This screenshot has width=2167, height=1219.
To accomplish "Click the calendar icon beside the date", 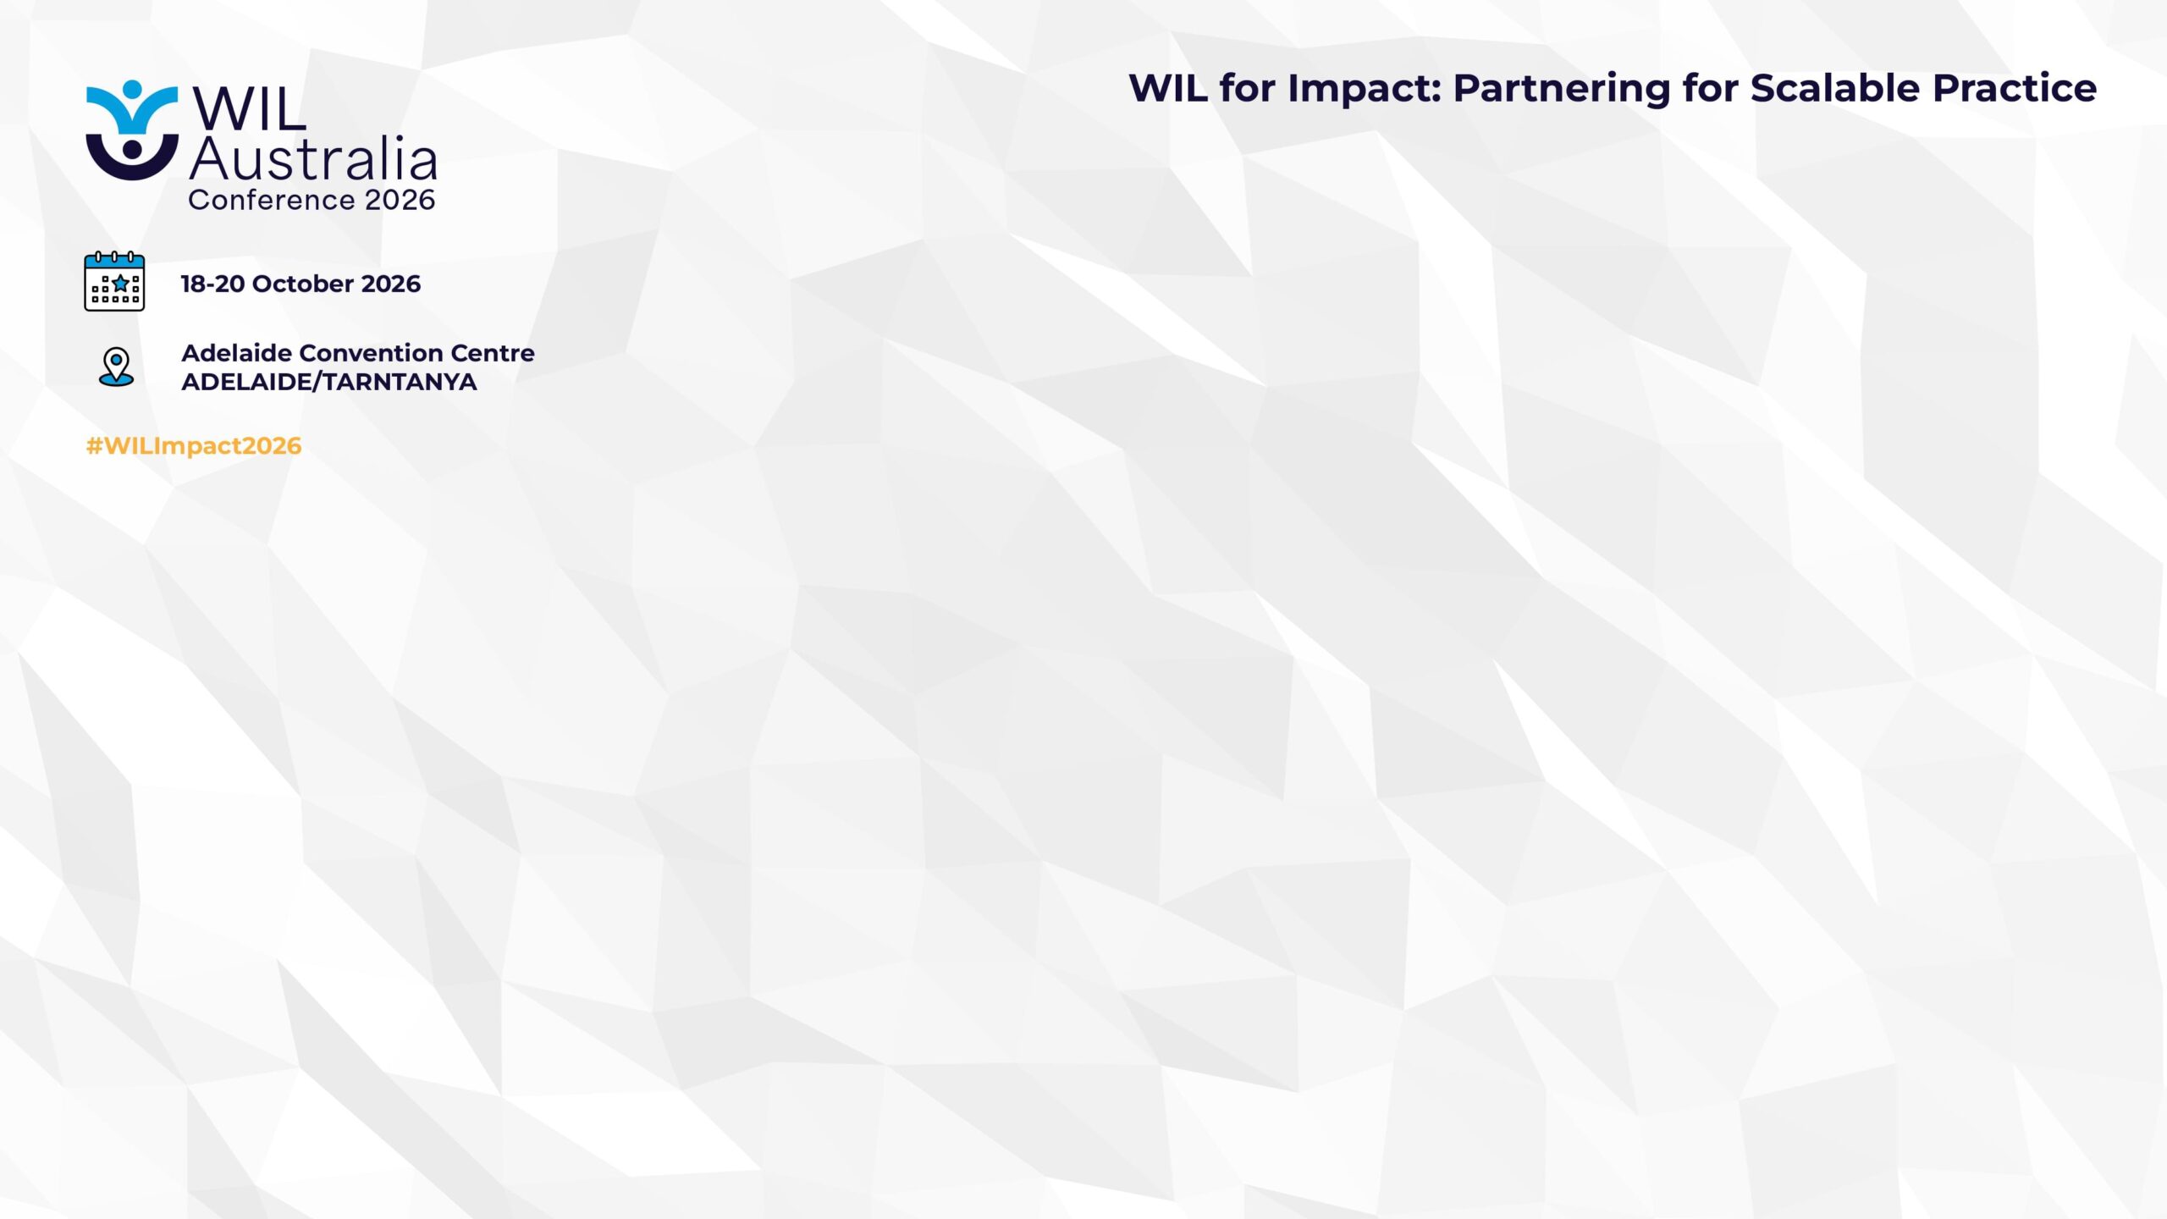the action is point(114,281).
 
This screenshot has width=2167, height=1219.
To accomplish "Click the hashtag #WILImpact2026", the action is point(194,446).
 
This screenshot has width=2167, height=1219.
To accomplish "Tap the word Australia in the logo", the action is point(313,158).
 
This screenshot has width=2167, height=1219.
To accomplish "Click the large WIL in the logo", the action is point(249,108).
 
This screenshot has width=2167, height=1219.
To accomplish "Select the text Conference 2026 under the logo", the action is point(312,200).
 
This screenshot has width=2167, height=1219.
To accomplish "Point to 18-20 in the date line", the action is point(212,284).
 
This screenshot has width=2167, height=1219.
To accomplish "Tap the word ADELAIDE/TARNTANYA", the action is point(329,382).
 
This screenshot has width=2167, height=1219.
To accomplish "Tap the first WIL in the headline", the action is point(1168,88).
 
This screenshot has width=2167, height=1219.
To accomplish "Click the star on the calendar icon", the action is point(120,283).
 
